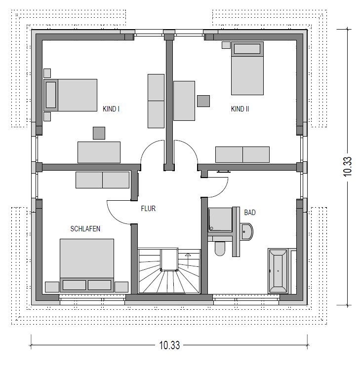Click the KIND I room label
coord(111,109)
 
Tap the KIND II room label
coord(240,109)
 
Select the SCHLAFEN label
coord(85,229)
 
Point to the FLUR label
coord(148,208)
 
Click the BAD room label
coord(250,212)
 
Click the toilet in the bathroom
coord(220,249)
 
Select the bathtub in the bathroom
coord(278,271)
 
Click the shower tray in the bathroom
coord(220,219)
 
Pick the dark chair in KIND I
coord(99,133)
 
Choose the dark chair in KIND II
coord(203,101)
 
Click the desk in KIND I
coord(99,152)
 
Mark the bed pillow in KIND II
coord(247,49)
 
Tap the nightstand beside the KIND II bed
coord(226,45)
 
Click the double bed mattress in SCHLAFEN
coord(87,258)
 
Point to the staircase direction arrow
coord(188,261)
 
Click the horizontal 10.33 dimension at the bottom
coord(169,345)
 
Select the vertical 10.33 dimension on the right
coord(348,167)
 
